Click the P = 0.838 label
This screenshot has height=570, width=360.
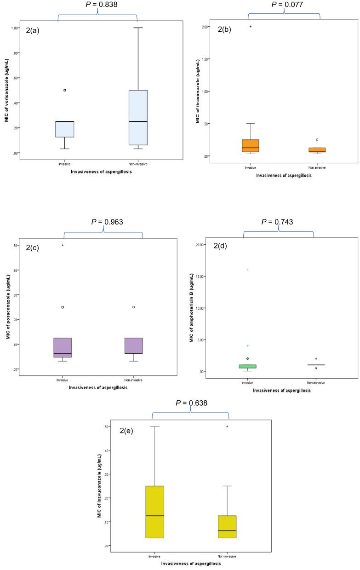(x=97, y=5)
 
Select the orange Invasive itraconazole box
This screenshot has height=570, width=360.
(x=251, y=145)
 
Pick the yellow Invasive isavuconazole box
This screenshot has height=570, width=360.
(x=155, y=512)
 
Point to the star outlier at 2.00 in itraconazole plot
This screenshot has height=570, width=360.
(x=251, y=27)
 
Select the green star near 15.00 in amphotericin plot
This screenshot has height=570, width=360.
(x=248, y=270)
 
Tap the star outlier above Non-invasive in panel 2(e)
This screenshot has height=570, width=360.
(x=227, y=427)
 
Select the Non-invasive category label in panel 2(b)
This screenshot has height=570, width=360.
(x=317, y=167)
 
